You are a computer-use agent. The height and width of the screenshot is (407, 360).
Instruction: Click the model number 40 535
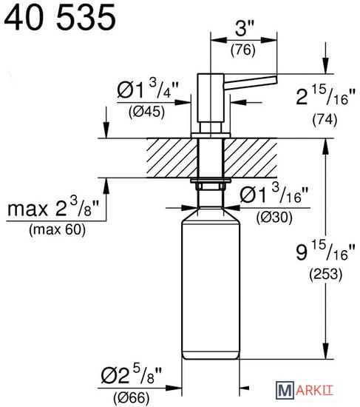point(60,18)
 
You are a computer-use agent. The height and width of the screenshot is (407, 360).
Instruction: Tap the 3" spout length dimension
point(244,28)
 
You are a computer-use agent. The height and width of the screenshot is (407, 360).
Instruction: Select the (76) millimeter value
point(243,50)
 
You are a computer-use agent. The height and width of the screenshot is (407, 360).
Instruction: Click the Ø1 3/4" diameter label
point(148,89)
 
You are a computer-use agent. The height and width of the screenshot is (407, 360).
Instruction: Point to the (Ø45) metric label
point(146,112)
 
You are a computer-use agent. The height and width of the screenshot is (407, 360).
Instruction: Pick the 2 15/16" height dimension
point(326,95)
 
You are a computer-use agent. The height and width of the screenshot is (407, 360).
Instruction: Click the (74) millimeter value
point(325,120)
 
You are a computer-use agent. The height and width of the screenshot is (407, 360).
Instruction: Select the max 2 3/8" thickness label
point(53,207)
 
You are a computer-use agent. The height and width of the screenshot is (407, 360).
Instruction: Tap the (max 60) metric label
point(58,230)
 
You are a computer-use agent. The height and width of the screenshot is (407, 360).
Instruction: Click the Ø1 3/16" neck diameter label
point(274,193)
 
